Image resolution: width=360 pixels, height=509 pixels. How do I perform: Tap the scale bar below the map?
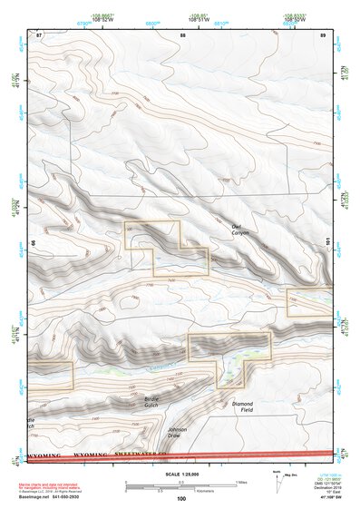pyautogui.click(x=180, y=487)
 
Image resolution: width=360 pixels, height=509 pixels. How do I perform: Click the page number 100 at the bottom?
pyautogui.click(x=180, y=500)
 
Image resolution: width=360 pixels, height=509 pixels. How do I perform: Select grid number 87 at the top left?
pyautogui.click(x=39, y=34)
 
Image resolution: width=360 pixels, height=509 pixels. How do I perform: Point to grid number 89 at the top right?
pyautogui.click(x=323, y=34)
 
